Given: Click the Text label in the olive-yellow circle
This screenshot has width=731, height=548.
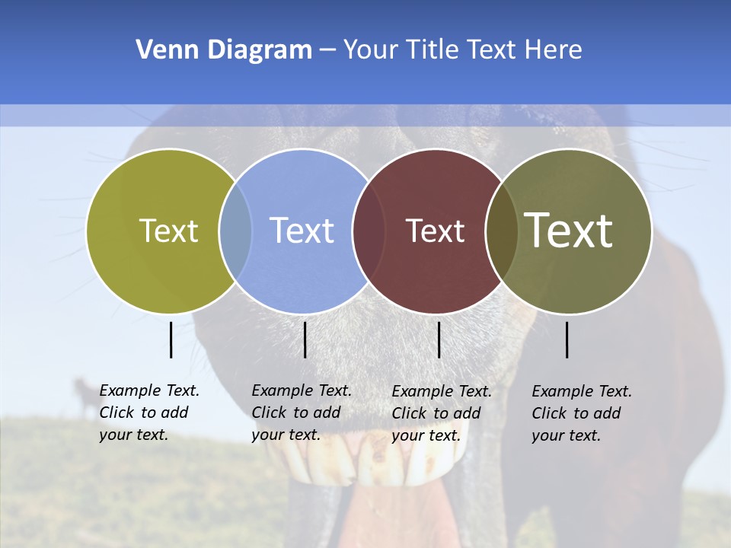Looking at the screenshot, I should click(x=168, y=231).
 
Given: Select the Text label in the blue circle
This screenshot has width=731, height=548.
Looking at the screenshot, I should click(x=302, y=231).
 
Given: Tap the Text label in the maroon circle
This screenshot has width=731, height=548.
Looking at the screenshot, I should click(x=435, y=231).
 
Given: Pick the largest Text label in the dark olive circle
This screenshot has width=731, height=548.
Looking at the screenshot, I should click(x=569, y=230).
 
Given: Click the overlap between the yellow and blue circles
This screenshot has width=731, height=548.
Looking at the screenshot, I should click(x=235, y=231).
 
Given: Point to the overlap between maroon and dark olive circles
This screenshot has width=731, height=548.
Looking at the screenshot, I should click(x=502, y=231).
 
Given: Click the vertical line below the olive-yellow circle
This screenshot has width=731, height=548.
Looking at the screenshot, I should click(x=171, y=339).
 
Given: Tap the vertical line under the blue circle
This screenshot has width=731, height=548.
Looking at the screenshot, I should click(x=305, y=339).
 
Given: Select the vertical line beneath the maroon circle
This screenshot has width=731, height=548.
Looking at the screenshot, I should click(x=439, y=339).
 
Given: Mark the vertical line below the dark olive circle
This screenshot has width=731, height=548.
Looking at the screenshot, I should click(x=567, y=339).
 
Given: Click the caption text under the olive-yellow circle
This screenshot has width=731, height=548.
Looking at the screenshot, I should click(x=149, y=413).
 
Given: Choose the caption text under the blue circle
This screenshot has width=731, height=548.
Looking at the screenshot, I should click(x=302, y=413).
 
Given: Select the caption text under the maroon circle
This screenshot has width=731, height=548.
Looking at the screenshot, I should click(x=442, y=413).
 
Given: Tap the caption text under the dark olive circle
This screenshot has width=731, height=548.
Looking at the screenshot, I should click(x=582, y=413).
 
